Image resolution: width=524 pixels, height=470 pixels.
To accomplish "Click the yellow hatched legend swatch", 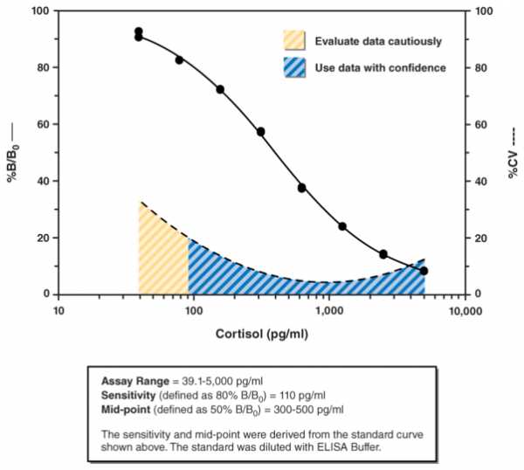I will (x=295, y=41).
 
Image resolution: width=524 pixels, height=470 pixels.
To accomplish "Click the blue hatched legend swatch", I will (x=295, y=67).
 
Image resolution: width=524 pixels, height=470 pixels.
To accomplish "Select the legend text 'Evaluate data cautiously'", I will (x=377, y=41).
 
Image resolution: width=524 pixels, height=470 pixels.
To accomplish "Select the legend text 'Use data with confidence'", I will (x=380, y=67).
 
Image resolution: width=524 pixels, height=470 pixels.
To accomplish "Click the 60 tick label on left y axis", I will (x=41, y=124).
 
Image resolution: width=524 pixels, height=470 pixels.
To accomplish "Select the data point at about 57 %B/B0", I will (x=260, y=132).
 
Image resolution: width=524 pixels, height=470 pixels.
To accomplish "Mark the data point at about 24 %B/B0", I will (x=342, y=226).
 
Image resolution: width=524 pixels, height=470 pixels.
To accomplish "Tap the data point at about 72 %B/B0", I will (x=220, y=89).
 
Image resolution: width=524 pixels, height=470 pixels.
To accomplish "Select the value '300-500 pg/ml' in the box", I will (x=310, y=408).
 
